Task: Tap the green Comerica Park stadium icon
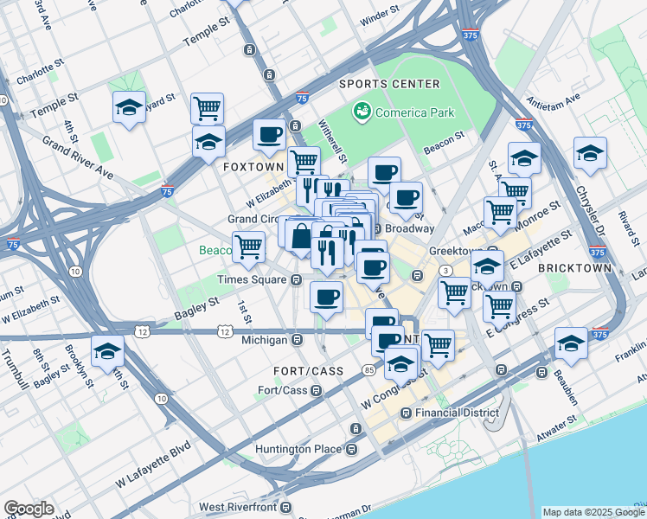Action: coord(361,112)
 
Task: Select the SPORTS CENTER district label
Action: coord(389,84)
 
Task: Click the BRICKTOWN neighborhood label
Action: coord(575,268)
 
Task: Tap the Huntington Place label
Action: coord(298,450)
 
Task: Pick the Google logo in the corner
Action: coord(29,509)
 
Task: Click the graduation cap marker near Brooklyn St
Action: coord(107,352)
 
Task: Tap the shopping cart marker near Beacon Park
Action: coord(248,247)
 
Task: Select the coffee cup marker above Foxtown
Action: coord(269,135)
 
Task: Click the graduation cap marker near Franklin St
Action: coord(571,343)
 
